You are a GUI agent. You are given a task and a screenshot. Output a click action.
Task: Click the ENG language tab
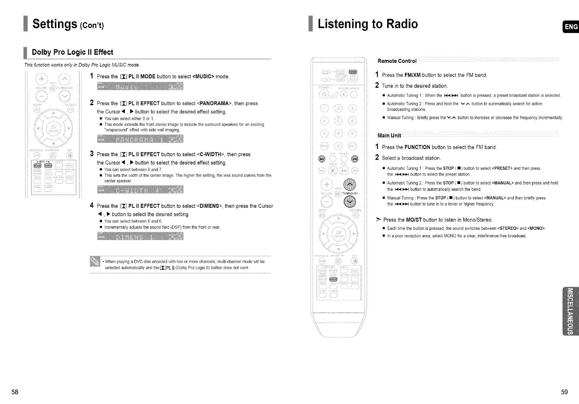(x=571, y=27)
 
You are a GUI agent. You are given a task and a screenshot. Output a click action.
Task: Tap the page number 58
(x=15, y=392)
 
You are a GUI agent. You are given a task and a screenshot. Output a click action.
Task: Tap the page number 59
(x=564, y=392)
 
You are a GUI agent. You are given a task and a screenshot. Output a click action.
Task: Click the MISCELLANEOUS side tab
(x=570, y=311)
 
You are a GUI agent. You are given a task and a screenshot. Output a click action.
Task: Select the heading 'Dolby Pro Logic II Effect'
(x=72, y=52)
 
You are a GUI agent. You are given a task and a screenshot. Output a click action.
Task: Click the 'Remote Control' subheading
(x=397, y=61)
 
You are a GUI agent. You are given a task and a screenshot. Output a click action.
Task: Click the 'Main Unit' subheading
(x=389, y=135)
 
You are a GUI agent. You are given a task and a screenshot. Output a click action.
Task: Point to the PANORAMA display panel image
(x=140, y=139)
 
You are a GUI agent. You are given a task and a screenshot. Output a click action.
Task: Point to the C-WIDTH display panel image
(x=140, y=190)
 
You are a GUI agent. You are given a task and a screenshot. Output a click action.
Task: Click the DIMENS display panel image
(x=140, y=236)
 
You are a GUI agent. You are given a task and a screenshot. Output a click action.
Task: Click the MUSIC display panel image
(x=140, y=86)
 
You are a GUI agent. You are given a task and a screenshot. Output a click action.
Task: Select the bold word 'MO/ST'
(x=414, y=220)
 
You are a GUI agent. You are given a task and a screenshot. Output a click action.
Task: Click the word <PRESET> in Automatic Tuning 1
(x=502, y=168)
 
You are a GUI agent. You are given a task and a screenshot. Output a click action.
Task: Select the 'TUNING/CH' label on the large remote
(x=350, y=193)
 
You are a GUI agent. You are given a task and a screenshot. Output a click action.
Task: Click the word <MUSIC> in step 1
(x=203, y=77)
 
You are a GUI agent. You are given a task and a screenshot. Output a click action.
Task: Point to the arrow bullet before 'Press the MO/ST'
(x=378, y=220)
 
